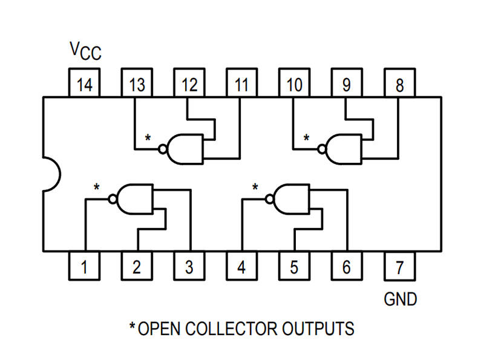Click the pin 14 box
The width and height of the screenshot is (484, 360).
click(x=85, y=84)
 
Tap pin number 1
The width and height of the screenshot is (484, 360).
click(x=85, y=266)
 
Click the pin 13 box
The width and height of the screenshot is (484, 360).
click(x=137, y=84)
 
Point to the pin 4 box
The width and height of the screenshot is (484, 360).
click(x=242, y=266)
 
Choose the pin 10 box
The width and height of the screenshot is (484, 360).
click(x=294, y=84)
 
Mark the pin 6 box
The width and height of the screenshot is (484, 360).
click(x=347, y=266)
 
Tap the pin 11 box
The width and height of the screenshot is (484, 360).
click(x=242, y=84)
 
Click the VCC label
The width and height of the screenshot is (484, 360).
click(x=85, y=52)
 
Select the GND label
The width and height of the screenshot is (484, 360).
click(x=401, y=299)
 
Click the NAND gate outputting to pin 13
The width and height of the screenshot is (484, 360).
click(x=185, y=148)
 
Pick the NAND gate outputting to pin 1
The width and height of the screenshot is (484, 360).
click(x=134, y=198)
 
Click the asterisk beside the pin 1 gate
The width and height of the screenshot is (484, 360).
click(x=96, y=187)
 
